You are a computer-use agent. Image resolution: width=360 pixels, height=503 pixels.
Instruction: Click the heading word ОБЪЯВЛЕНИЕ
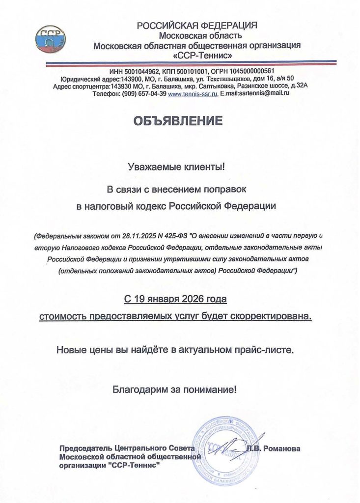point(179,121)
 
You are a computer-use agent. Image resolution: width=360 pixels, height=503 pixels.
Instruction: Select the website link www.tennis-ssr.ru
point(193,93)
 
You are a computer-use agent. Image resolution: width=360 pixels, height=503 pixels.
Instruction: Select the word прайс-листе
point(271,351)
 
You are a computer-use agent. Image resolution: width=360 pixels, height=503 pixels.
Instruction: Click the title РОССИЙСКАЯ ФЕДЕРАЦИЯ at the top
point(197,26)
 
